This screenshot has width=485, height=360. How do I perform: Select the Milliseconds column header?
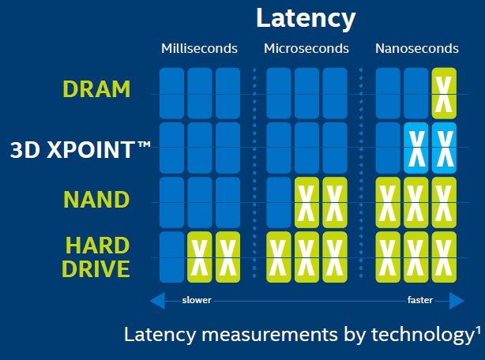pos(199,48)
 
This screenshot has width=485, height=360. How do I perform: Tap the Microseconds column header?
pos(306,48)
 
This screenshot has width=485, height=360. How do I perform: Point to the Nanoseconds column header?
pos(416,48)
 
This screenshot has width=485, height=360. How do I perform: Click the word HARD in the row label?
pos(96,245)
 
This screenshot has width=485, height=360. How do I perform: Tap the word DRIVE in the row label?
pos(96,269)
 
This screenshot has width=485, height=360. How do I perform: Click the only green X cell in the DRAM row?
pos(445,92)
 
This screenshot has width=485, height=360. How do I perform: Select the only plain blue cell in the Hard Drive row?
pos(171,257)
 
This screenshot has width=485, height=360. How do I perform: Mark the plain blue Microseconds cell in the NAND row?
pos(280,201)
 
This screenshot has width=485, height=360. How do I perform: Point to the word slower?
pos(197,301)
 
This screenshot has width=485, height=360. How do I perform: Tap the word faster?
pos(419,301)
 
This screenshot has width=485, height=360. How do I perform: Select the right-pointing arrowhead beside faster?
pos(457,301)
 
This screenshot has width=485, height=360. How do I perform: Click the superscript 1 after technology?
pos(479,330)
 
